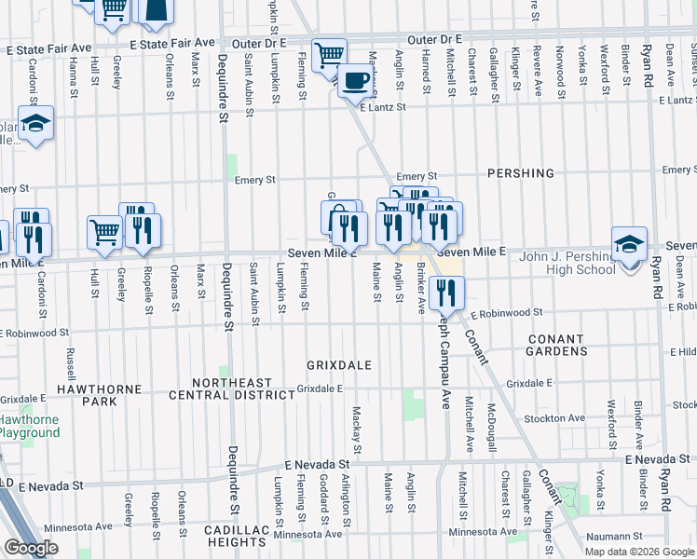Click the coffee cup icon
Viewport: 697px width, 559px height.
click(354, 80)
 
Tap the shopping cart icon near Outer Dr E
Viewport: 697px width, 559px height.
click(328, 55)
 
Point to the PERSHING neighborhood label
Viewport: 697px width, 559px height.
click(520, 173)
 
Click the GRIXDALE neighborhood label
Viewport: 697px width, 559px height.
click(340, 364)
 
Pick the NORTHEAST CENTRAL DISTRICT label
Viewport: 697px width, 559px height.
click(232, 389)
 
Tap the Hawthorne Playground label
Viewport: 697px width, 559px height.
click(29, 427)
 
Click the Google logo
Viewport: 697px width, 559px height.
click(31, 548)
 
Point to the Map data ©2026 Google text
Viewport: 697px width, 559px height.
click(638, 552)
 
